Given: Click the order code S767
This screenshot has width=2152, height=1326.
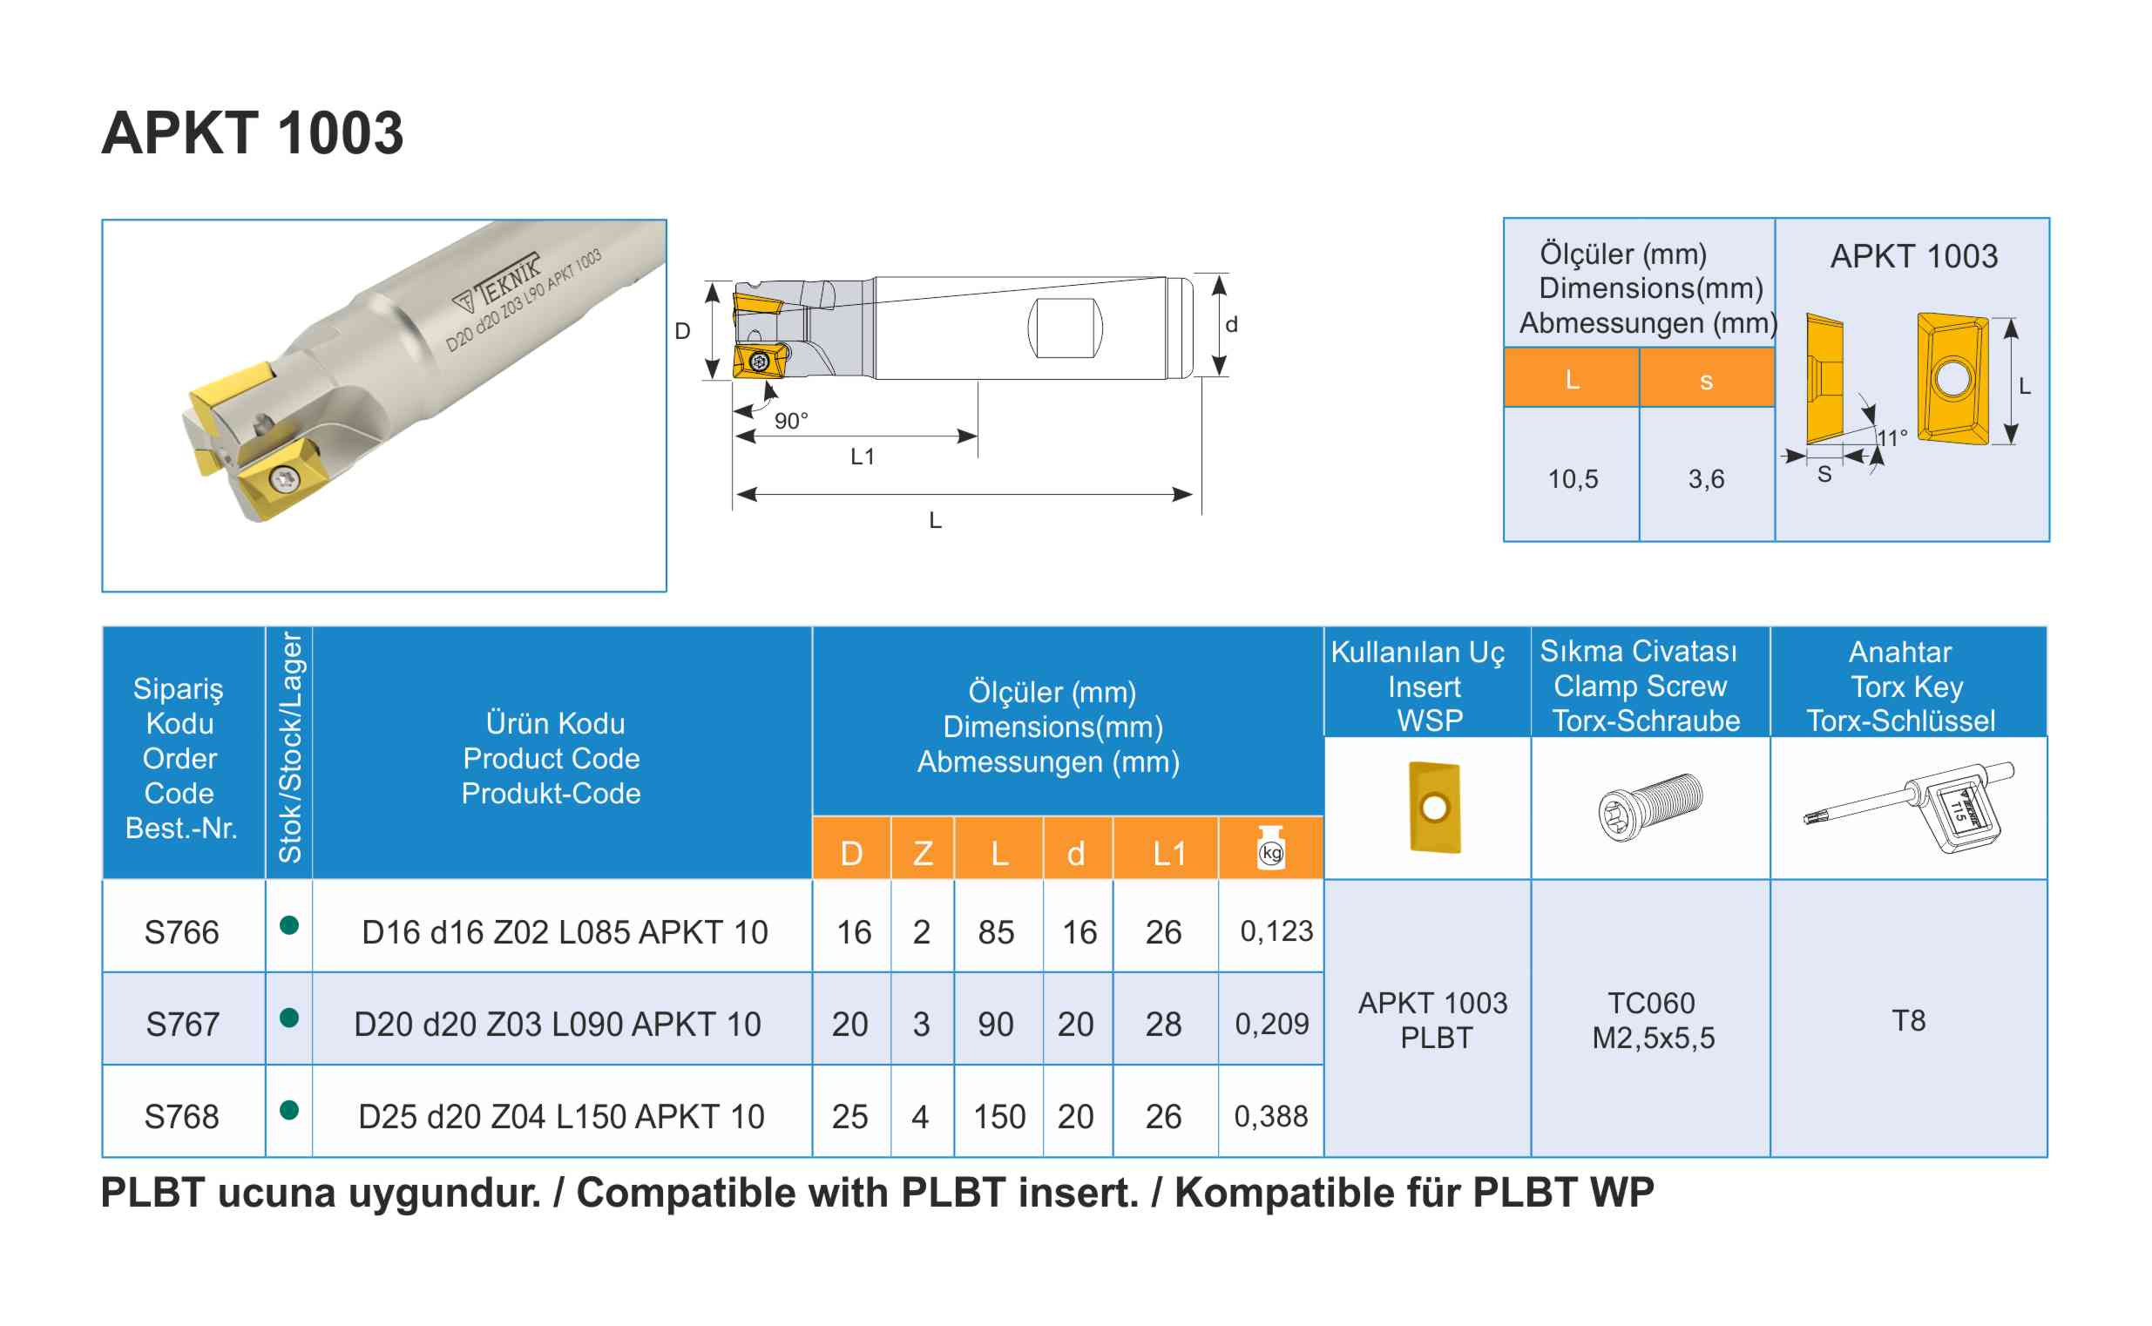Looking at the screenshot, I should [x=181, y=1024].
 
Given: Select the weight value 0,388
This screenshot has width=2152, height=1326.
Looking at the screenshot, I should [x=1270, y=1115].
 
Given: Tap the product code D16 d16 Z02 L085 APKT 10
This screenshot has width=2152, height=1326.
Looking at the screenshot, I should [x=564, y=931].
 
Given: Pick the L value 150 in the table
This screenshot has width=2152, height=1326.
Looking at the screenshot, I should [x=998, y=1116].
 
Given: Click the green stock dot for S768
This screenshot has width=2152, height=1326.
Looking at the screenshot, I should [x=288, y=1110].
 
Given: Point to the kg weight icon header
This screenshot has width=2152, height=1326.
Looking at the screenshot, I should [x=1270, y=848].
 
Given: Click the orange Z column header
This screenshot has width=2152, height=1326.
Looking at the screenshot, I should [x=922, y=852].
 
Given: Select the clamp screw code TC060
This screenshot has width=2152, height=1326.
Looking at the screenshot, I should [x=1651, y=1003].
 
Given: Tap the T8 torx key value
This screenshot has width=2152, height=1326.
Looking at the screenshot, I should [x=1908, y=1020].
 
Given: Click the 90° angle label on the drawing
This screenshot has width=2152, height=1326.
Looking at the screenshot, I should [x=790, y=421].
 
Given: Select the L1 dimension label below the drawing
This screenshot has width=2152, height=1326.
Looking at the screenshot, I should [x=862, y=456].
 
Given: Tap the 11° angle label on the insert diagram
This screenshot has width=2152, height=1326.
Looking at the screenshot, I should [x=1891, y=437].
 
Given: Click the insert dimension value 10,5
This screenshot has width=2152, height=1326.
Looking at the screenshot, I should [x=1573, y=479].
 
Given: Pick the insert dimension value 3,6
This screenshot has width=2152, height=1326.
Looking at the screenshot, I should [x=1706, y=479].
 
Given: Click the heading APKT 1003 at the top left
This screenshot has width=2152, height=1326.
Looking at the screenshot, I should [x=253, y=133].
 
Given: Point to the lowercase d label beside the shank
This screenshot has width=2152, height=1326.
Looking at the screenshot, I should [x=1231, y=324].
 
